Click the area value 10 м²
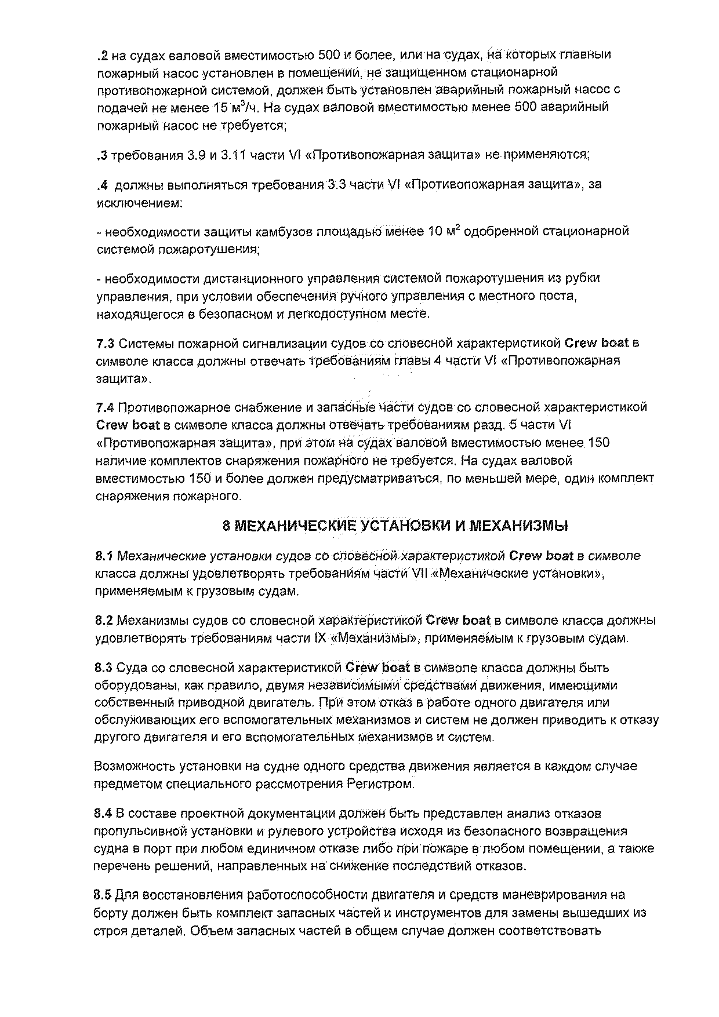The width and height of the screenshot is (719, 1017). (444, 231)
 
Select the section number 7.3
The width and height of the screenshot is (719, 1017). (106, 343)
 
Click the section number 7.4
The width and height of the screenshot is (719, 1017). (106, 407)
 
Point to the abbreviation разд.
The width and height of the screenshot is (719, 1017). (491, 425)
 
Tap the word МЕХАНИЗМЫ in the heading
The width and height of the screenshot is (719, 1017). (518, 526)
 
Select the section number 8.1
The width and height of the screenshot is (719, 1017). (104, 556)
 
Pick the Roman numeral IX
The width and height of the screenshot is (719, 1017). (321, 639)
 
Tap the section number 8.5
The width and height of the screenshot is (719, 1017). (104, 895)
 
